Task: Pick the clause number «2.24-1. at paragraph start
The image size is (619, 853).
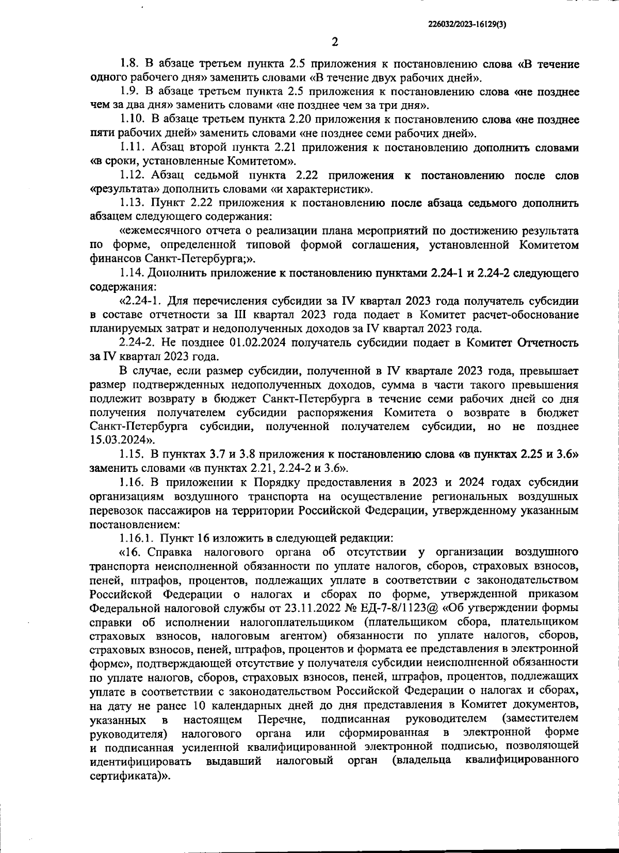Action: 139,301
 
